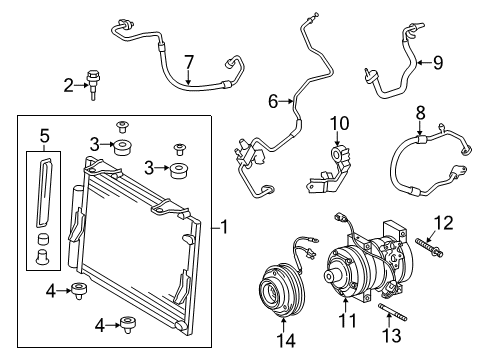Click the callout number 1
(x=226, y=228)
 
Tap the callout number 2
(x=68, y=86)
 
